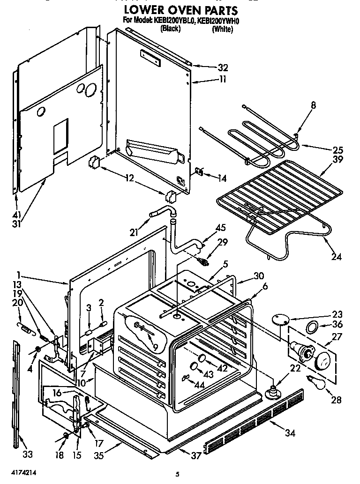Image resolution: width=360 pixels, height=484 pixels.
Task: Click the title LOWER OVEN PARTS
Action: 180,10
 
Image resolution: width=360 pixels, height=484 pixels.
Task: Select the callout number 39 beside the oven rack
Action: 337,160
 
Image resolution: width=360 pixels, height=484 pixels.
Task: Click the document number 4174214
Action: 19,473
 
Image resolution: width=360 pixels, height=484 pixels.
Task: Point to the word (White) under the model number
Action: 222,29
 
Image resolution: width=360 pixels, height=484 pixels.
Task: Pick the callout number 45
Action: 220,228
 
